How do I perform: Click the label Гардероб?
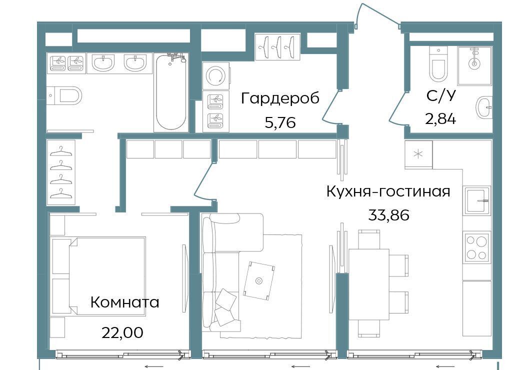[x=280, y=98]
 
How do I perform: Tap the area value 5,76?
[x=280, y=122]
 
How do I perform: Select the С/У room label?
[x=441, y=96]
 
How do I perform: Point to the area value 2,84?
[x=440, y=118]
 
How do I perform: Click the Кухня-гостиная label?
[x=388, y=191]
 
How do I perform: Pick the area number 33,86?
[x=389, y=214]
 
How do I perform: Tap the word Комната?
[x=124, y=302]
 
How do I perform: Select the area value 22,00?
[x=122, y=332]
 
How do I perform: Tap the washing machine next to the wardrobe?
[x=216, y=76]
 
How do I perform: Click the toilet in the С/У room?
[x=438, y=64]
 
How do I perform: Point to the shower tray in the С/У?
[x=474, y=65]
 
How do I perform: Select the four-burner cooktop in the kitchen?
[x=477, y=246]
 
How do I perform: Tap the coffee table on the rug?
[x=258, y=280]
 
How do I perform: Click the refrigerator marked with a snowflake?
[x=418, y=154]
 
